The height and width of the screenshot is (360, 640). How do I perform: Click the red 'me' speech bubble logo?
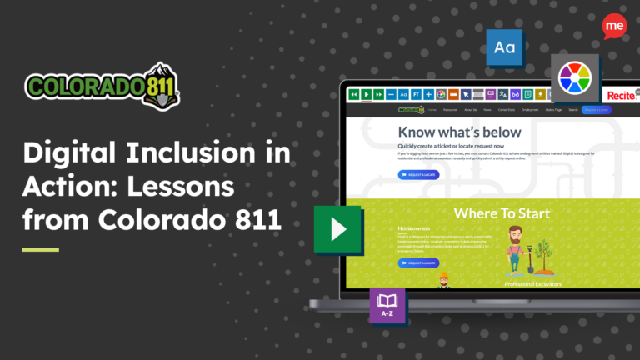pyautogui.click(x=614, y=27)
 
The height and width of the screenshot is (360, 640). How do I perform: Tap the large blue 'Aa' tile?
pyautogui.click(x=504, y=47)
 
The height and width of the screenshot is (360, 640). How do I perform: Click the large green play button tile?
pyautogui.click(x=337, y=228)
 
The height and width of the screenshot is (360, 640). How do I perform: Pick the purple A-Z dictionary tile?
pyautogui.click(x=387, y=305)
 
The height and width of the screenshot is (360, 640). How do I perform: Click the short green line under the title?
pyautogui.click(x=40, y=249)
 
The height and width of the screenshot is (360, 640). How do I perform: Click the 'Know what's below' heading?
pyautogui.click(x=459, y=132)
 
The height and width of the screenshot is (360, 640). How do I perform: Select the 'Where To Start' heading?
pyautogui.click(x=501, y=213)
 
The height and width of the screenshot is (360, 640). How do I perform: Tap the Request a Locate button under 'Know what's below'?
pyautogui.click(x=419, y=175)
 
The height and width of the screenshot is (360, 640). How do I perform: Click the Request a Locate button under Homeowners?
pyautogui.click(x=419, y=263)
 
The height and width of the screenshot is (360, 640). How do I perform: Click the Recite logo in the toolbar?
pyautogui.click(x=621, y=96)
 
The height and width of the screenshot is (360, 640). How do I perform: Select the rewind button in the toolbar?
pyautogui.click(x=354, y=95)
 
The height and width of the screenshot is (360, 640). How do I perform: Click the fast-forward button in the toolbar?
pyautogui.click(x=378, y=95)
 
